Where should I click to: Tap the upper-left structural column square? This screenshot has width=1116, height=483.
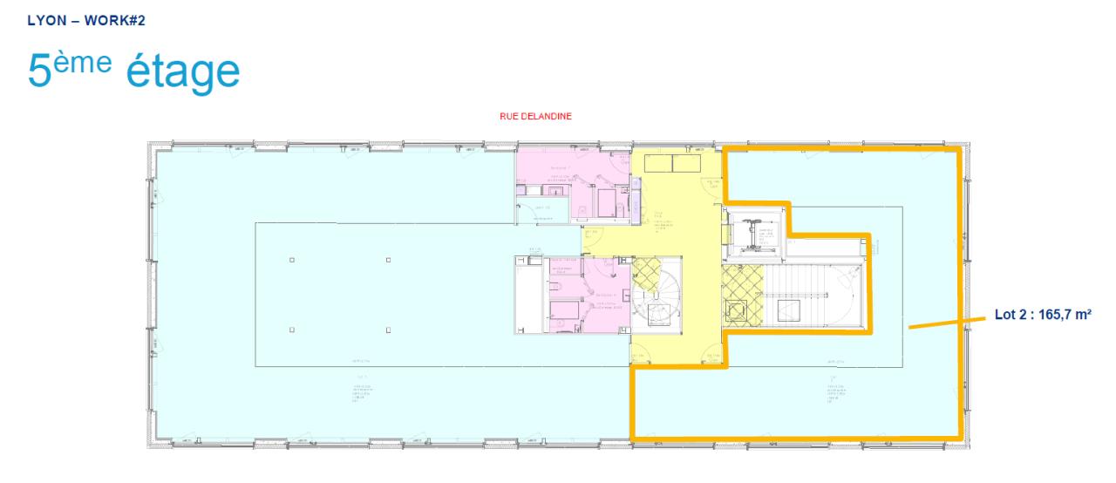291,261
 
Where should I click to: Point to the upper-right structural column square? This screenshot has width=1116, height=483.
388,261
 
